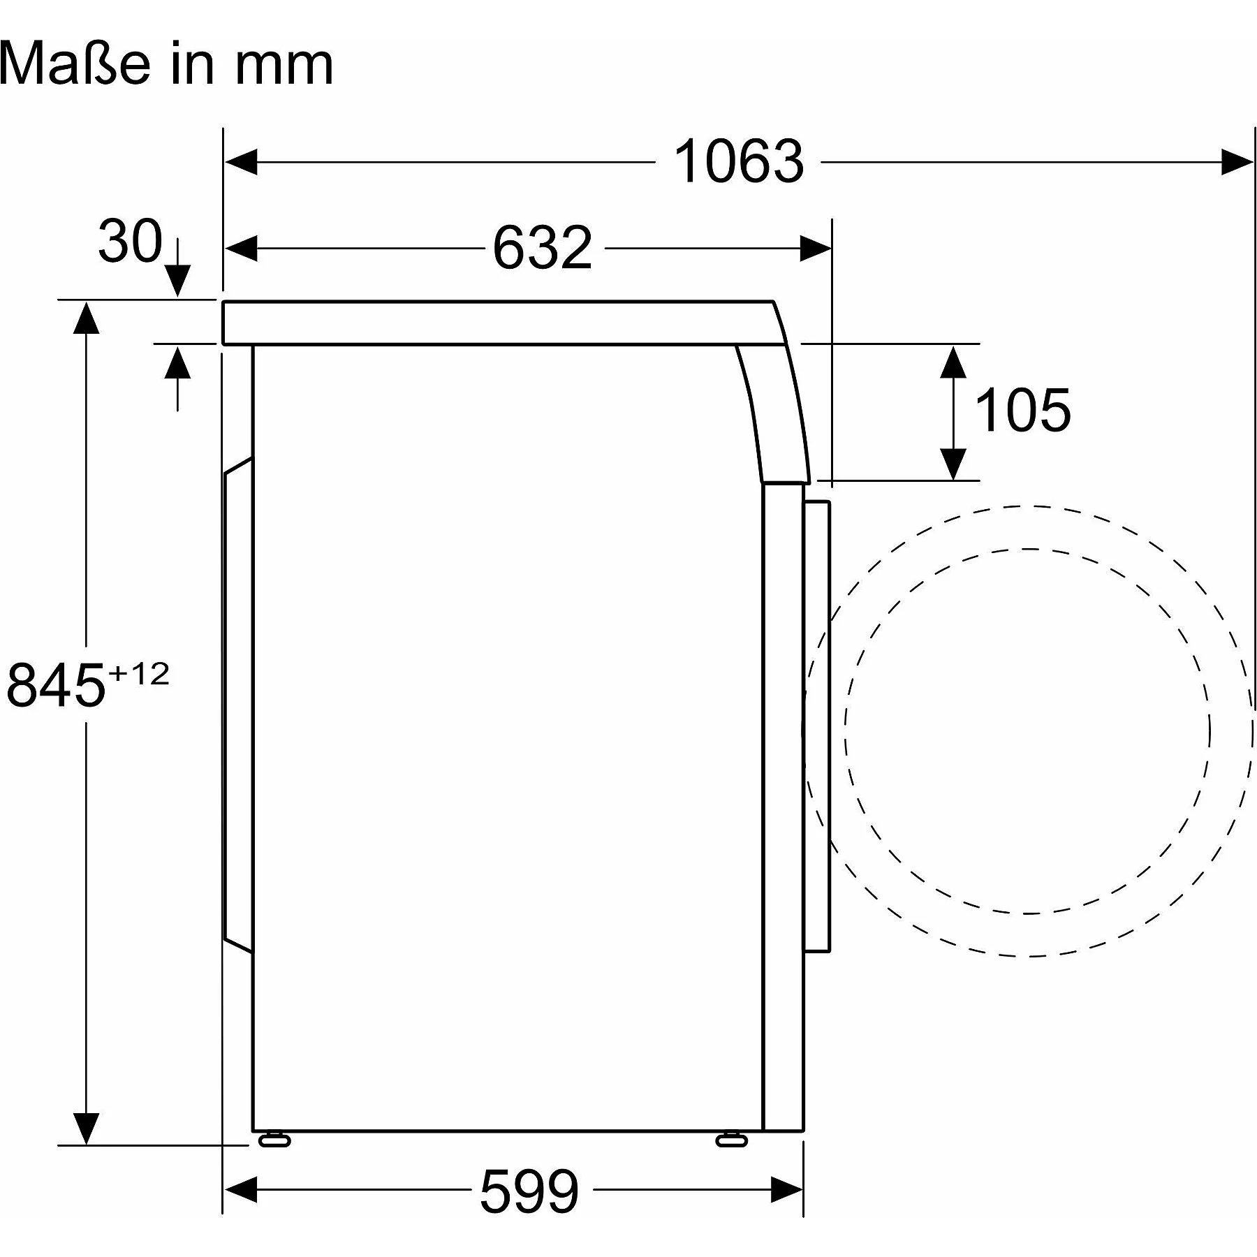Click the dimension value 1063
(x=738, y=162)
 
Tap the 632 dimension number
(x=543, y=248)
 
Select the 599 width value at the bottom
(x=529, y=1191)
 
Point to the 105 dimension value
(x=1022, y=411)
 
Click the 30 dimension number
(x=130, y=241)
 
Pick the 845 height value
(x=56, y=685)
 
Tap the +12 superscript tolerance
(x=139, y=674)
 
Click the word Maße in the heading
(x=75, y=64)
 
